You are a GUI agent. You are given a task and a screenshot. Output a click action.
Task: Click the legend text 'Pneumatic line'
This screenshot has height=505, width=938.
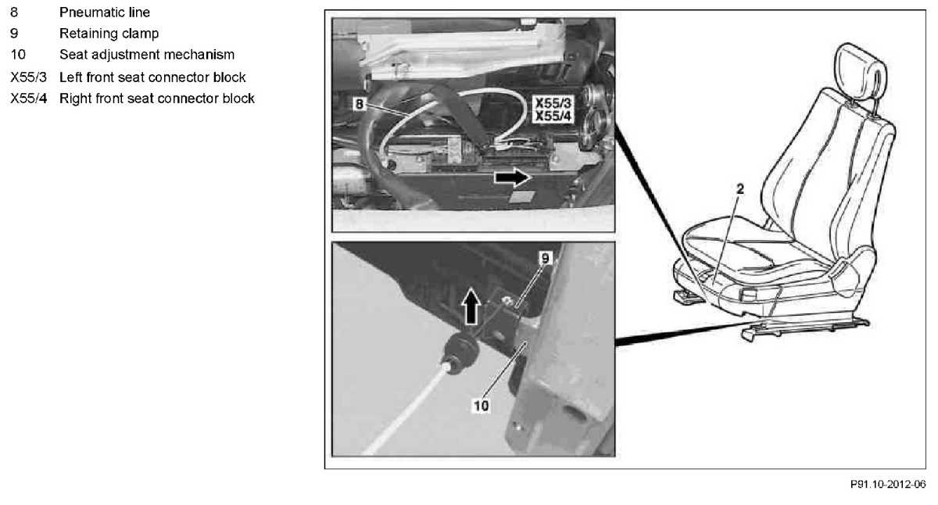click(105, 13)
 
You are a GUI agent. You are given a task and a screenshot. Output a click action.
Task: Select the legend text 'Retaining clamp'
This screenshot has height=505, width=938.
click(109, 34)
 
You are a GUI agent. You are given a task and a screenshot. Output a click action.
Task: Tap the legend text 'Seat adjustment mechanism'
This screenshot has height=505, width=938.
click(147, 55)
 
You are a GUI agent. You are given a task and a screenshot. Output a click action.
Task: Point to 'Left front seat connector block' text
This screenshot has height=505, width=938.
click(152, 77)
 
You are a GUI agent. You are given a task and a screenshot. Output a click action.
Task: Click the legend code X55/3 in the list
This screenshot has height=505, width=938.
click(28, 77)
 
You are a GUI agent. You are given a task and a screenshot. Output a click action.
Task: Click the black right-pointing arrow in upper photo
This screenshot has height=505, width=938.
click(512, 178)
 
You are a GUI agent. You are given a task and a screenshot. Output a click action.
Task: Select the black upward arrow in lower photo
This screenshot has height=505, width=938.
click(471, 307)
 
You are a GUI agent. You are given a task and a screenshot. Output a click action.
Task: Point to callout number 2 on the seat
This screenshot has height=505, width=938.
click(739, 188)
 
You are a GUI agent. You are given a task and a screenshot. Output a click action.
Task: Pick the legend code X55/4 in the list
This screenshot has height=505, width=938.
click(28, 98)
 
